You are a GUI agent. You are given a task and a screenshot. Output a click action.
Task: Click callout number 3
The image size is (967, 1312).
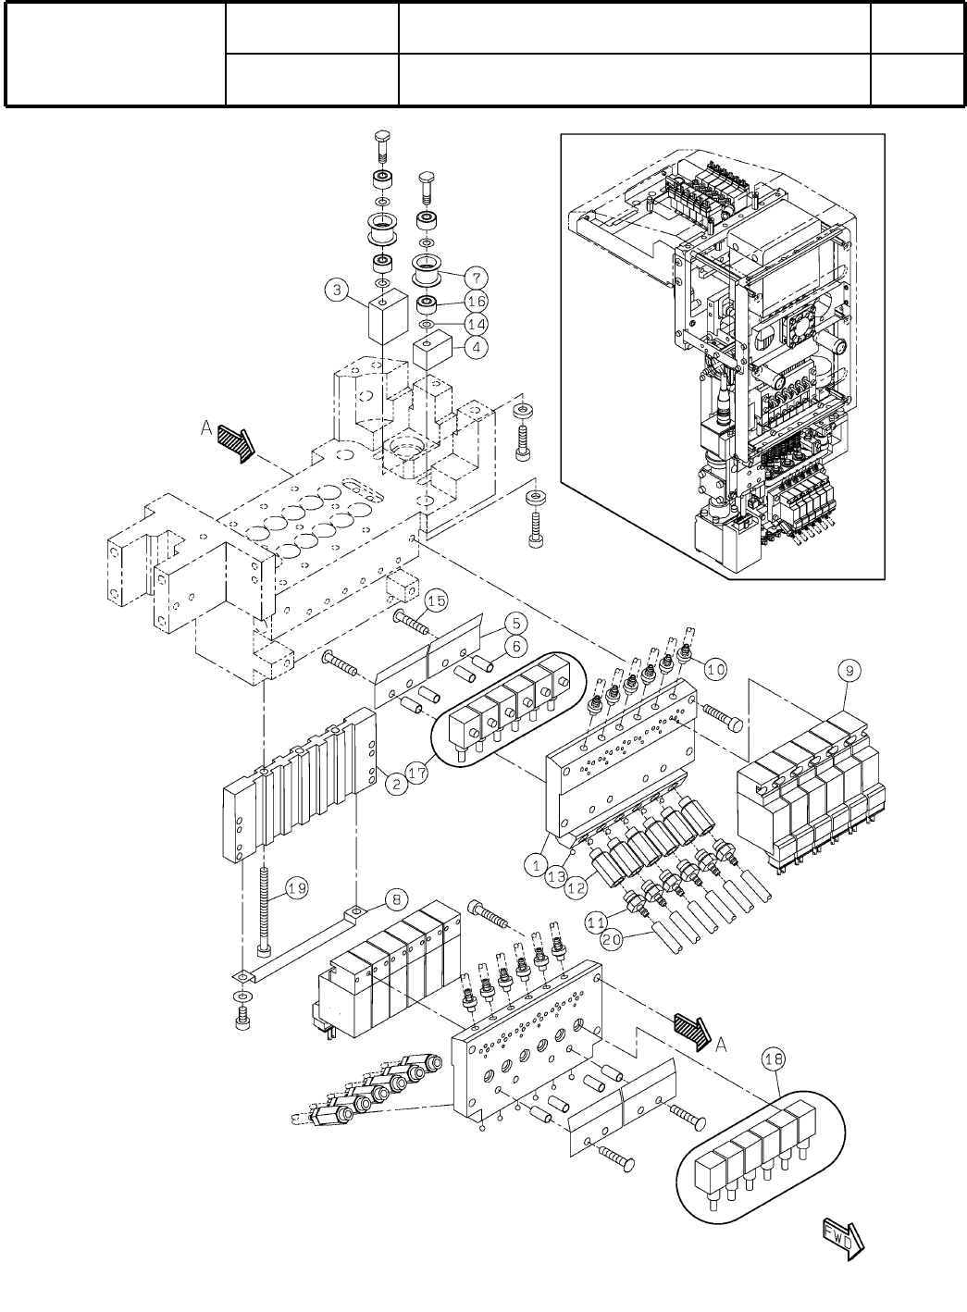(338, 292)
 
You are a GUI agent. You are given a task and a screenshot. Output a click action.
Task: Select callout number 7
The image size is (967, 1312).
(476, 277)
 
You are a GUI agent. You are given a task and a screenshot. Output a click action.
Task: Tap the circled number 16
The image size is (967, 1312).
(476, 301)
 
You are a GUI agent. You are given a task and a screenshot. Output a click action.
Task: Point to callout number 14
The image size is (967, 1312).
(476, 325)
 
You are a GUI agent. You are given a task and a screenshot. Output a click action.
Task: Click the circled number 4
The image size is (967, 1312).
(476, 349)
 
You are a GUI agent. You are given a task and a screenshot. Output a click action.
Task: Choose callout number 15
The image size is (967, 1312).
(436, 601)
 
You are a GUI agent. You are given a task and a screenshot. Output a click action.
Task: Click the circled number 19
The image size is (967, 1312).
(296, 889)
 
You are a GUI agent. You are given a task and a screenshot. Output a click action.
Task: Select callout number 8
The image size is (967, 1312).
(395, 897)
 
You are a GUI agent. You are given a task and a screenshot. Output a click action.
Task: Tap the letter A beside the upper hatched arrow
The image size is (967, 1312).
(205, 428)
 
